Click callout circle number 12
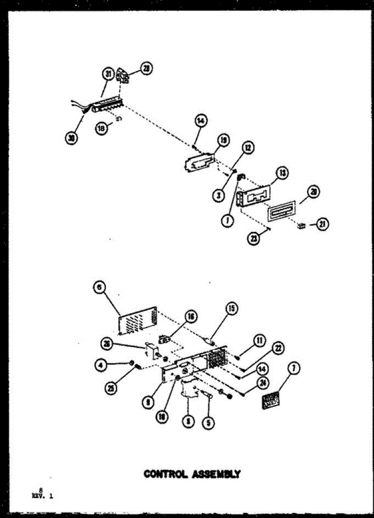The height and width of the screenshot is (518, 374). (x=249, y=148)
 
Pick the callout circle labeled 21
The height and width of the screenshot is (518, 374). (x=322, y=224)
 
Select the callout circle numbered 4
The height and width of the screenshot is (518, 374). (x=100, y=365)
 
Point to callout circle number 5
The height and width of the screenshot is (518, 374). (x=209, y=423)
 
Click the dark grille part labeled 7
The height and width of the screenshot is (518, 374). (x=271, y=401)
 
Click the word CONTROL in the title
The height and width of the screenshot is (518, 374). (x=163, y=474)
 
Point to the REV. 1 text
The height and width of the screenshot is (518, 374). (x=43, y=496)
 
